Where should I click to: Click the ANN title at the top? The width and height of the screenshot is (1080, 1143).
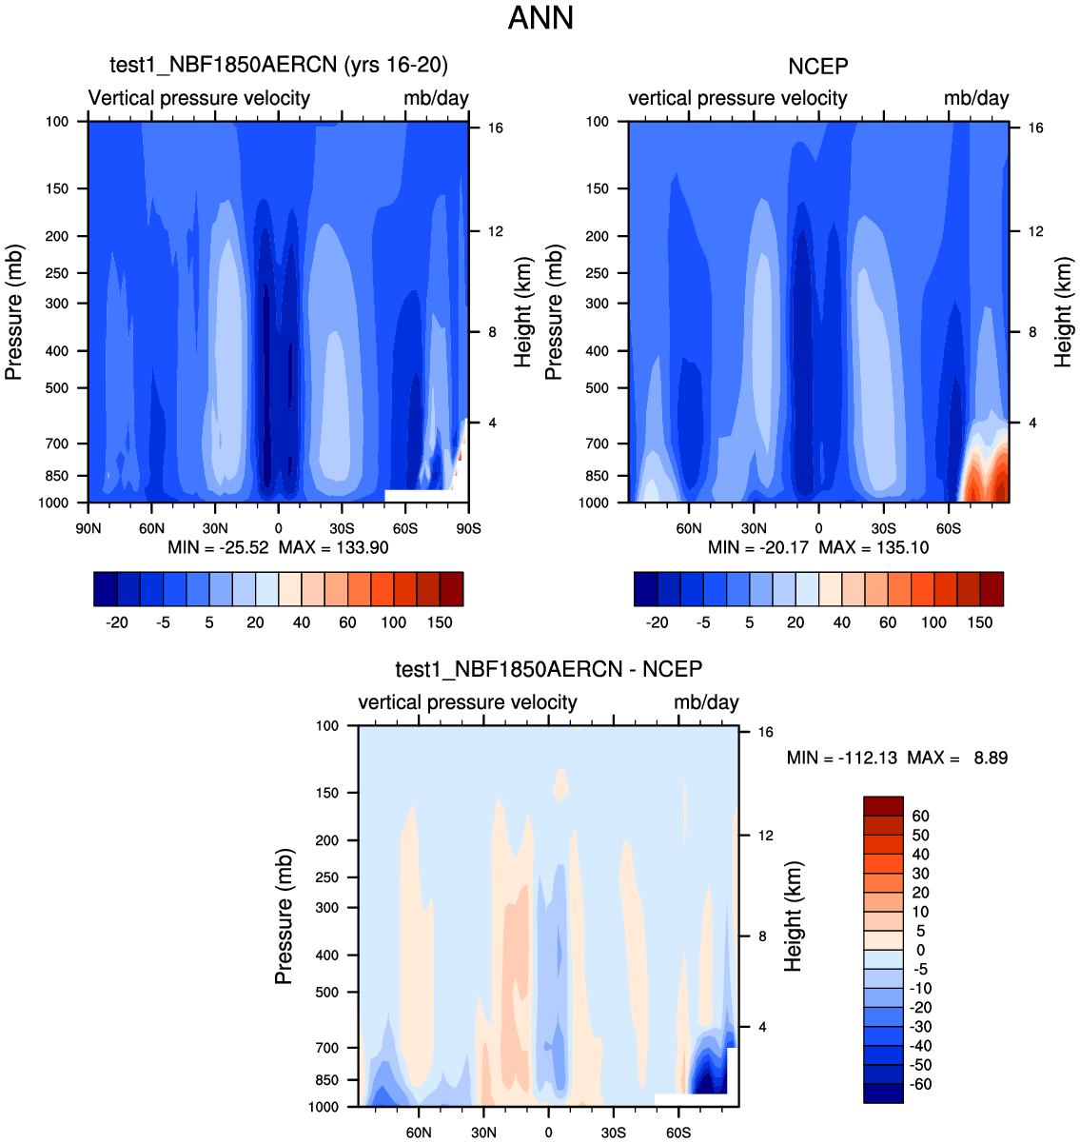pyautogui.click(x=540, y=18)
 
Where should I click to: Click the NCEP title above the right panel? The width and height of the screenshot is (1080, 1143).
pyautogui.click(x=817, y=67)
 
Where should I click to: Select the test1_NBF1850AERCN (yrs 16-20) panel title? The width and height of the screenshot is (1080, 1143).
pyautogui.click(x=279, y=65)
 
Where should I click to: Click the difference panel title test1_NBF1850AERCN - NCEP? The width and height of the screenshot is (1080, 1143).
pyautogui.click(x=548, y=669)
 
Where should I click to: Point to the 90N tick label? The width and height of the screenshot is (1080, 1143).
pyautogui.click(x=88, y=529)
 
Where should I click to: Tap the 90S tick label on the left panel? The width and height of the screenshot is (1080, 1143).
pyautogui.click(x=468, y=529)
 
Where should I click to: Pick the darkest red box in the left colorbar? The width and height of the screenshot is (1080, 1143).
pyautogui.click(x=452, y=589)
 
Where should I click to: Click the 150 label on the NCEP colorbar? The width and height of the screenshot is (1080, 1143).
pyautogui.click(x=980, y=622)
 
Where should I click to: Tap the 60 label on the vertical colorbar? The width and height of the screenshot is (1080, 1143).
pyautogui.click(x=920, y=817)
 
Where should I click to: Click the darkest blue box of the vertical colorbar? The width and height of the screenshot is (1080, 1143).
pyautogui.click(x=883, y=1094)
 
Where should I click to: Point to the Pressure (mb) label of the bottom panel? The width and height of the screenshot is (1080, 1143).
pyautogui.click(x=284, y=916)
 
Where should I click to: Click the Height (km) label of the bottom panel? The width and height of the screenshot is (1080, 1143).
pyautogui.click(x=794, y=916)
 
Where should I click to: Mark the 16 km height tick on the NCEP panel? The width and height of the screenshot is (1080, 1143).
pyautogui.click(x=1035, y=128)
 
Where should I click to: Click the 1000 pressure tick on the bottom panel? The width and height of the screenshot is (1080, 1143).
pyautogui.click(x=324, y=1107)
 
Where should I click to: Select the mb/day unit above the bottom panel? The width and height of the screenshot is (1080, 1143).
pyautogui.click(x=706, y=702)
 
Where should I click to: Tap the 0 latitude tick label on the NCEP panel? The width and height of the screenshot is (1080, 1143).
pyautogui.click(x=818, y=529)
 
